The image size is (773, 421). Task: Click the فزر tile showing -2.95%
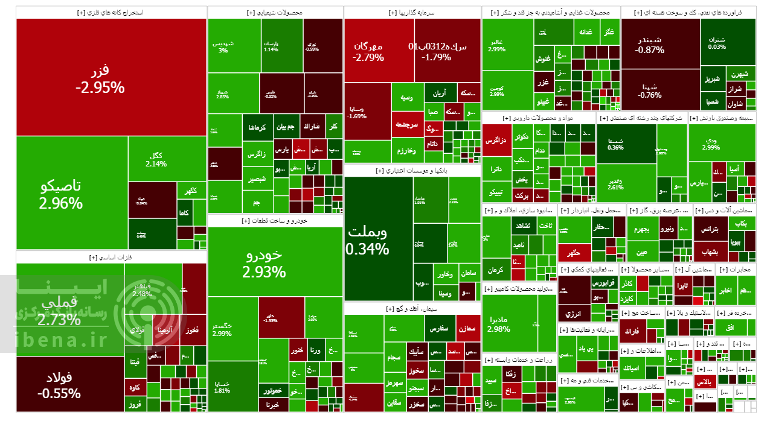100,78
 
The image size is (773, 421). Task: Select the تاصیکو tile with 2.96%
60,194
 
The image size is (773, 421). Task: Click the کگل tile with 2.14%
156,159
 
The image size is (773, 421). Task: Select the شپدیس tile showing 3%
223,46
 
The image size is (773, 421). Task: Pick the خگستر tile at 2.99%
222,329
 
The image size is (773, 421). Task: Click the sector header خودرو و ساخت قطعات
275,221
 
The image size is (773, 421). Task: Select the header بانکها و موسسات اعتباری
412,171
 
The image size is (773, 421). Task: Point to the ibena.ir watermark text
54,340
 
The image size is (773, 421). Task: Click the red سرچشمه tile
407,124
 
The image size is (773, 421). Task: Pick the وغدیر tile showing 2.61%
615,184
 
